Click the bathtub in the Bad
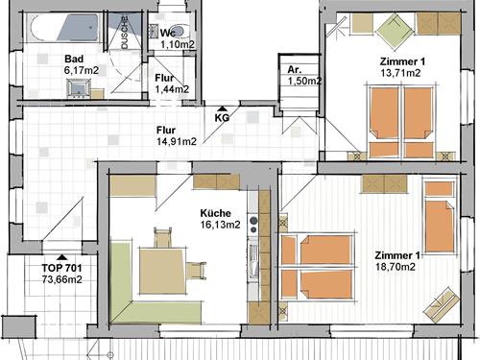[62, 27]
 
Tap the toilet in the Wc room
[179, 31]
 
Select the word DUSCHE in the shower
[125, 33]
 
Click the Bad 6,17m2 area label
[82, 64]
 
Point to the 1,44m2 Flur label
[172, 89]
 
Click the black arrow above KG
[222, 109]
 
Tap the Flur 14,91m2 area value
[177, 141]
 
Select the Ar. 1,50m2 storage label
[304, 76]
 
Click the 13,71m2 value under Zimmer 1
[400, 73]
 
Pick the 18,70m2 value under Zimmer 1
[396, 267]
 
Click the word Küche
[215, 213]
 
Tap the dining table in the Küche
[162, 271]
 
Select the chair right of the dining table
[197, 271]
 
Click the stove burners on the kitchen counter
[253, 225]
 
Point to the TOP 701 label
[61, 268]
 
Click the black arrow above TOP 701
[61, 257]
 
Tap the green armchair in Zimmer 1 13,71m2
[396, 32]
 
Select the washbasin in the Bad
[79, 88]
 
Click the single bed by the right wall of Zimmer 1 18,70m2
[440, 217]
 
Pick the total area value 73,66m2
[61, 279]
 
